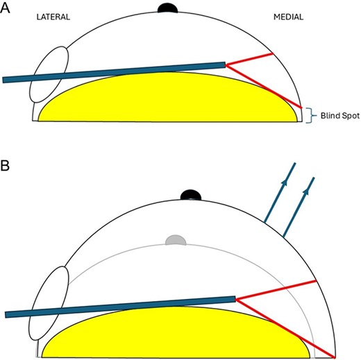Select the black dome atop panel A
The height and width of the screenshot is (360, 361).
pos(169,8)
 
